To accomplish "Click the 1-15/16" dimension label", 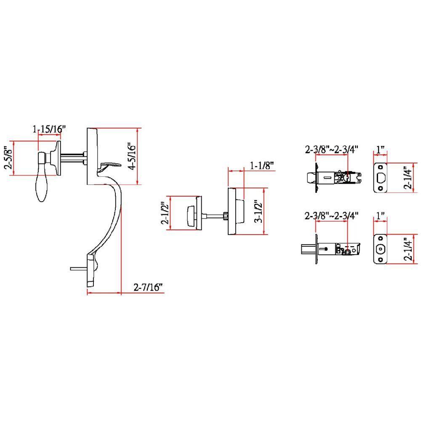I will click(50, 129).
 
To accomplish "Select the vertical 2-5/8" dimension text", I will click(7, 158).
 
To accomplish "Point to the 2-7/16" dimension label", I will click(148, 288).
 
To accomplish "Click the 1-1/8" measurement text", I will click(262, 165).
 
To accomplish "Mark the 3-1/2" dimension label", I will click(258, 211).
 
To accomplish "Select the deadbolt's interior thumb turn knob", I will click(190, 213).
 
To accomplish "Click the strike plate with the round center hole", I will click(380, 249).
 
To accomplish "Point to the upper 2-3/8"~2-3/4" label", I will click(331, 149).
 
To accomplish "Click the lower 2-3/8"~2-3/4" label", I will click(331, 216).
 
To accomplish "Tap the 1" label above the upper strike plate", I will click(381, 149).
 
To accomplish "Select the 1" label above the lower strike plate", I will click(381, 216).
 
